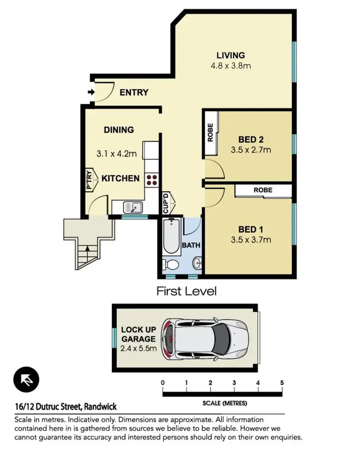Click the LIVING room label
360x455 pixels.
pos(230,55)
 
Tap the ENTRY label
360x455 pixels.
pos(134,93)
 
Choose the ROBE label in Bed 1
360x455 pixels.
pos(263,190)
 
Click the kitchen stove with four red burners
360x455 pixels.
pos(152,180)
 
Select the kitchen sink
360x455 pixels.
pos(132,208)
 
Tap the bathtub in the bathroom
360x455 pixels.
pos(171,237)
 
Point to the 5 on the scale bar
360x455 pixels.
pos(282,383)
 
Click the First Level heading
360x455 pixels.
pos(187,291)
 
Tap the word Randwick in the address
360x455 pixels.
pos(100,406)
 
